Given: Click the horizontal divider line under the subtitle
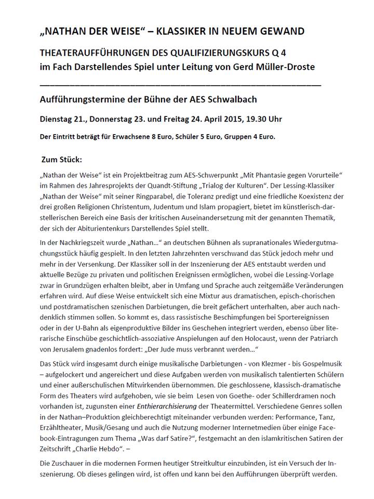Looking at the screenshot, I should click(180, 84).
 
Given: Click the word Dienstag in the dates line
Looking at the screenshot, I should click(58, 119).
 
